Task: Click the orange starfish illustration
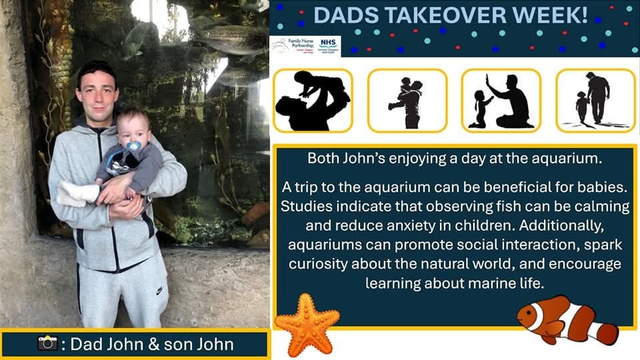[307, 323]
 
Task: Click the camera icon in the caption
[48, 343]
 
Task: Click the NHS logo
[326, 45]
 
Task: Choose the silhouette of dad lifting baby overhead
[312, 100]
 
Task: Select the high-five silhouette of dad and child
[500, 101]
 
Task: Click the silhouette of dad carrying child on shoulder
[407, 101]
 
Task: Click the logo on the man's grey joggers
[159, 291]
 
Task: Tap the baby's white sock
[75, 193]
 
